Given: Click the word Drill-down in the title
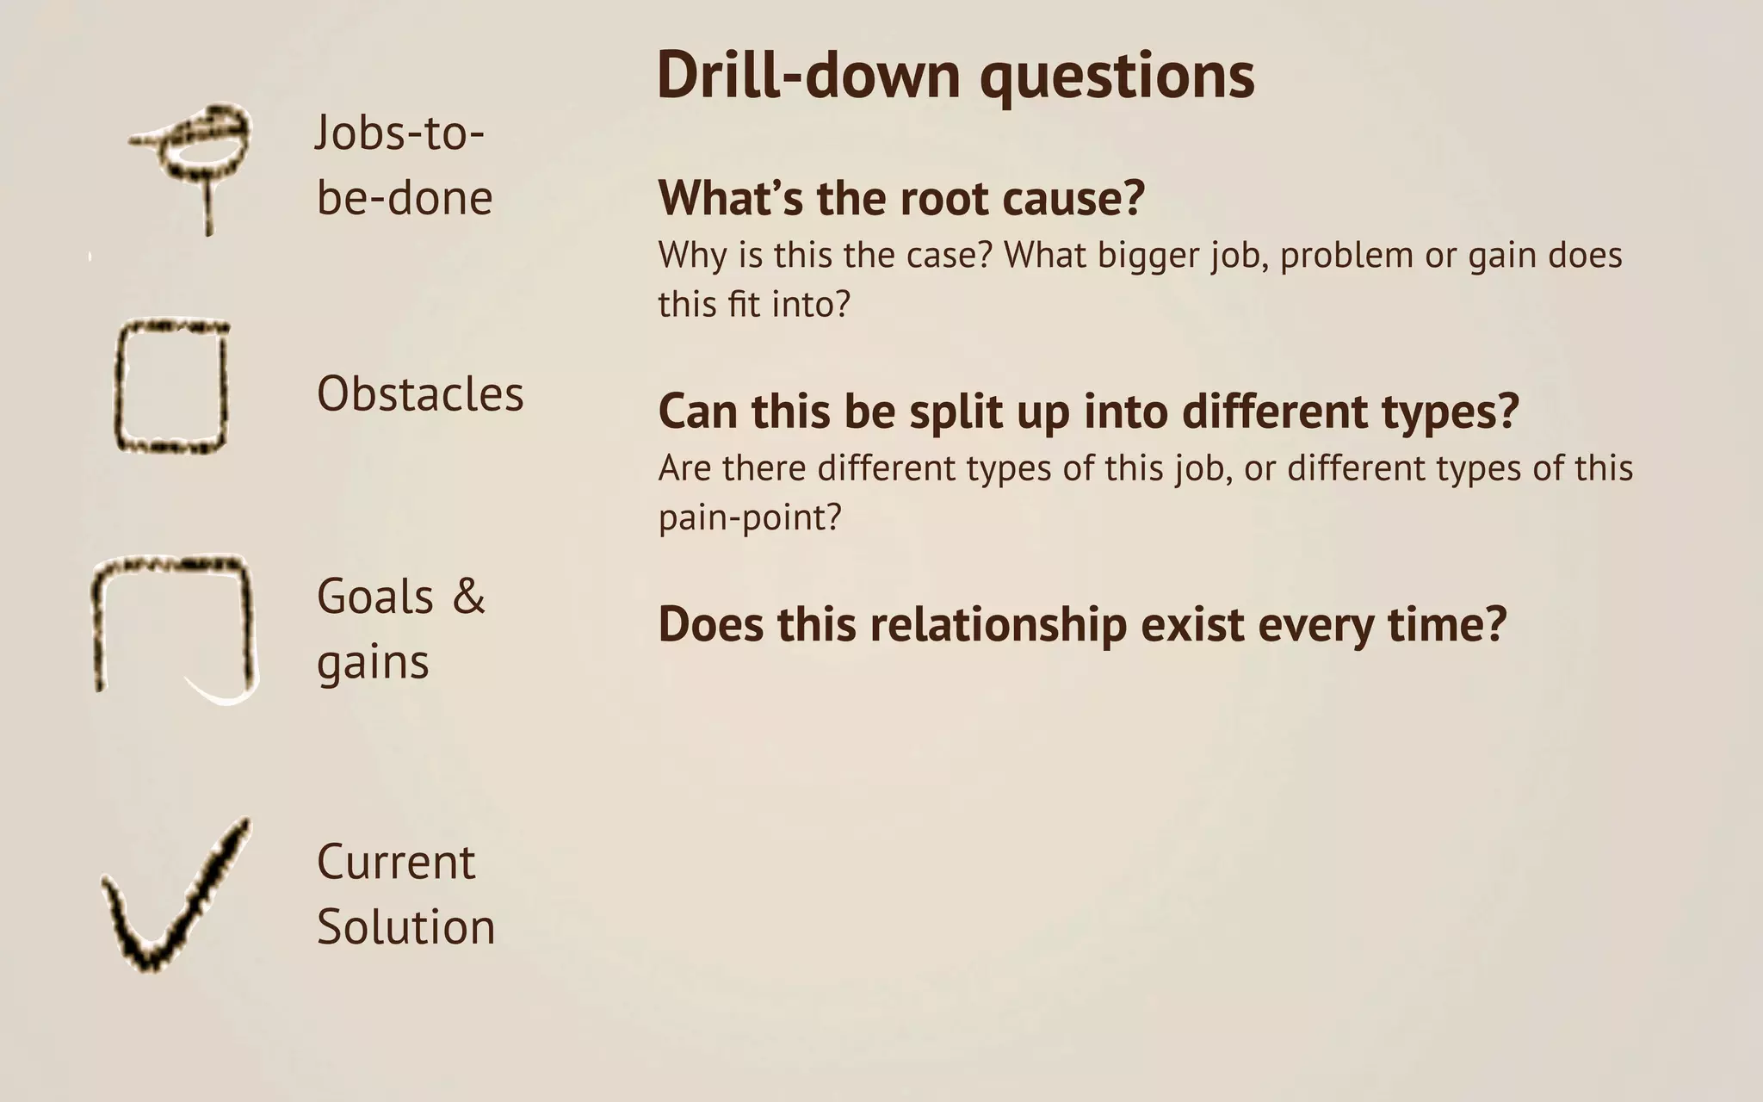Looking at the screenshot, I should click(x=807, y=76).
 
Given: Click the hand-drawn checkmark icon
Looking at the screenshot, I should click(x=172, y=900).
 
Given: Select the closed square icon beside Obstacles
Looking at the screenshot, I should click(x=171, y=387).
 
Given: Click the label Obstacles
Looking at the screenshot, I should click(x=420, y=394).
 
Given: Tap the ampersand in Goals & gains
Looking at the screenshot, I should click(x=468, y=596).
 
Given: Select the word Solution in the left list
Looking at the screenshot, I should click(x=405, y=927).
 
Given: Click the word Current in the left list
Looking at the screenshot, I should click(x=395, y=862).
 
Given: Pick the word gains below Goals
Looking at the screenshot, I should click(x=373, y=664).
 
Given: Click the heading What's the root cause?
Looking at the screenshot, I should click(x=900, y=198).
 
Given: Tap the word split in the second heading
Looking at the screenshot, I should click(x=956, y=412).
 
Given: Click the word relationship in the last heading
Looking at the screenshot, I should click(x=998, y=625).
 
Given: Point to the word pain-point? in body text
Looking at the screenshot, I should click(x=749, y=518).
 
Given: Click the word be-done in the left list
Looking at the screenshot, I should click(x=405, y=198).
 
